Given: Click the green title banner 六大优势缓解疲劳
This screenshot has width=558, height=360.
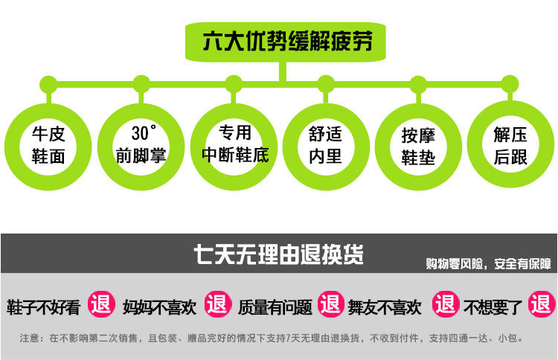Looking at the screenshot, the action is [x=286, y=42].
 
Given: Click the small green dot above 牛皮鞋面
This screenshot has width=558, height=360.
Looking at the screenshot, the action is [x=48, y=85].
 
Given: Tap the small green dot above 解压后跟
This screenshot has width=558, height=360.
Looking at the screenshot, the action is [x=510, y=84].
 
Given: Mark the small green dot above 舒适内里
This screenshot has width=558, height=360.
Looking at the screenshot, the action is [x=326, y=84].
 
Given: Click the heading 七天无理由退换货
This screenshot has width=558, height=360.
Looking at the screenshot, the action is [x=279, y=254].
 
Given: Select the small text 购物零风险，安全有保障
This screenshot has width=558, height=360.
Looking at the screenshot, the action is [x=488, y=264].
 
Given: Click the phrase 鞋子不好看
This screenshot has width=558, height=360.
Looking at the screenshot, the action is [x=43, y=307].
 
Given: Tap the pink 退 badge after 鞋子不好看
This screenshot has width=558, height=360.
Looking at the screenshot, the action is [x=101, y=304].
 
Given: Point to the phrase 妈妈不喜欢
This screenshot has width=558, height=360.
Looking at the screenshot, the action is [x=159, y=307].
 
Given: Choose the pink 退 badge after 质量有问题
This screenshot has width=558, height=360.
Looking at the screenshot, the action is [x=331, y=304].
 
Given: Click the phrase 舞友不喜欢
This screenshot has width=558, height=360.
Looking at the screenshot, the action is [x=385, y=307].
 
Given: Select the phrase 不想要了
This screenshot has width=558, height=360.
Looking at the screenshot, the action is [x=493, y=307].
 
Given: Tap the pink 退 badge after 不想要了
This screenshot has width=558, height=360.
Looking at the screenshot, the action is [x=542, y=304].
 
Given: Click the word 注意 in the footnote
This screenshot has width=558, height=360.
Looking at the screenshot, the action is [x=29, y=338].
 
